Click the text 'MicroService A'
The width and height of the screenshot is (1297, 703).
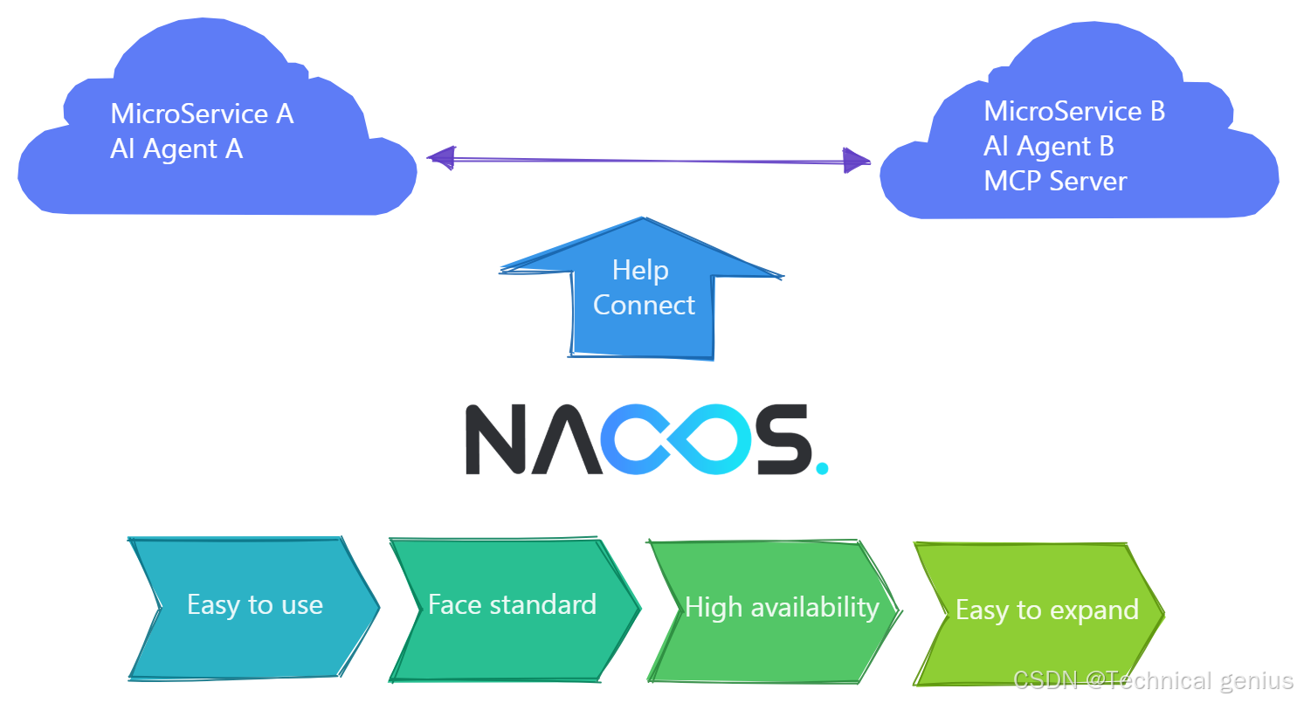[x=202, y=114]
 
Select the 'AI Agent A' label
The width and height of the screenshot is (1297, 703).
[x=176, y=149]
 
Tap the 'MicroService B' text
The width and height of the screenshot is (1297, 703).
[x=1074, y=112]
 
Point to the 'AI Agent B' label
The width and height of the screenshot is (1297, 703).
[x=1048, y=147]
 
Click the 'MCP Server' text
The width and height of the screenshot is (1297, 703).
[x=1055, y=182]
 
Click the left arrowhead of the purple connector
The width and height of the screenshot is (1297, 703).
[x=441, y=158]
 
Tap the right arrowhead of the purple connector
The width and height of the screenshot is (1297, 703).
[x=857, y=161]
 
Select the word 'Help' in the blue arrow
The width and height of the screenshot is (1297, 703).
[x=640, y=271]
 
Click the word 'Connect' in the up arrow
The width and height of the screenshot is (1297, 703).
[x=644, y=306]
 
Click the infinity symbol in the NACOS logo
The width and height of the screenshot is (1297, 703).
[x=672, y=439]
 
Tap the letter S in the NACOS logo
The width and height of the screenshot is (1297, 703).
[x=783, y=439]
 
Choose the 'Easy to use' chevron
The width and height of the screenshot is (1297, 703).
[x=254, y=606]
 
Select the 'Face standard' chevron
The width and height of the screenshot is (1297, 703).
[x=513, y=606]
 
